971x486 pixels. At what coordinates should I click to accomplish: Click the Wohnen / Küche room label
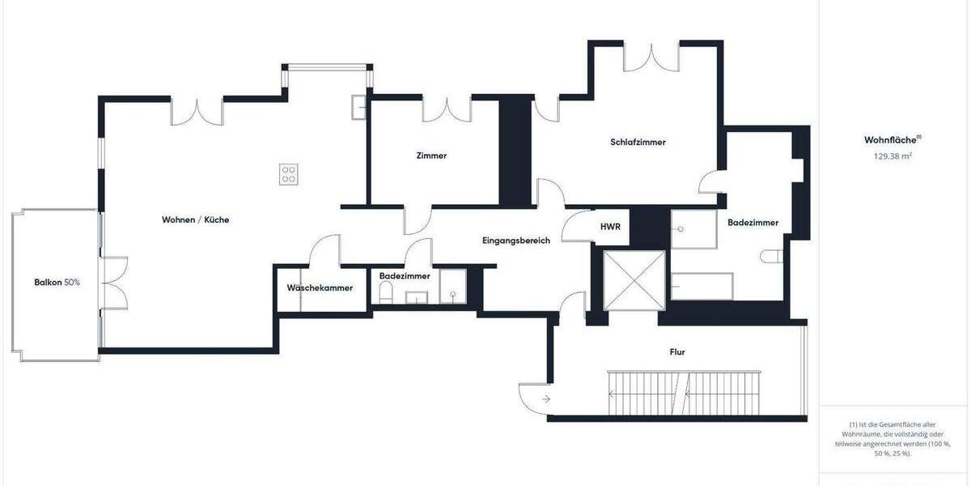(x=190, y=220)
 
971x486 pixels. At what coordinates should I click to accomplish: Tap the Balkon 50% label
(x=57, y=282)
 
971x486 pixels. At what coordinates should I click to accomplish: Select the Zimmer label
(x=431, y=156)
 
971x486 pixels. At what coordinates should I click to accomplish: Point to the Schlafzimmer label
(x=638, y=142)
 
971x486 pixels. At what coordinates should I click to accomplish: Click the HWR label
(x=610, y=227)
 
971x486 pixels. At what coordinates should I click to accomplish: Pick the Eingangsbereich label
(x=516, y=241)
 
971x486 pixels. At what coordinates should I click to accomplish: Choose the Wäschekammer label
(x=320, y=288)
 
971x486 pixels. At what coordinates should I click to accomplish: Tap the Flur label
(x=678, y=352)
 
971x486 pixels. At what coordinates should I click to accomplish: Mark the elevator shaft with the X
(x=634, y=279)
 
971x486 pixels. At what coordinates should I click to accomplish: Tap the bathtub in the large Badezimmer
(x=702, y=286)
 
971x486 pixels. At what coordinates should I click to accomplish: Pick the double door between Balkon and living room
(x=114, y=283)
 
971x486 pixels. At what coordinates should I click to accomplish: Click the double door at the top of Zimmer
(x=446, y=109)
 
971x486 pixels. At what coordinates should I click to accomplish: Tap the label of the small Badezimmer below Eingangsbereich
(x=405, y=275)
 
